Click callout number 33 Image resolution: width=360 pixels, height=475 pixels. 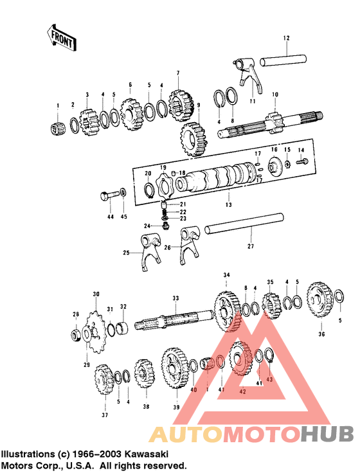point(175,298)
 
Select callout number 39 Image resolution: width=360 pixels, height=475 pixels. point(175,406)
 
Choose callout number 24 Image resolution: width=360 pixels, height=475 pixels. point(147,226)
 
